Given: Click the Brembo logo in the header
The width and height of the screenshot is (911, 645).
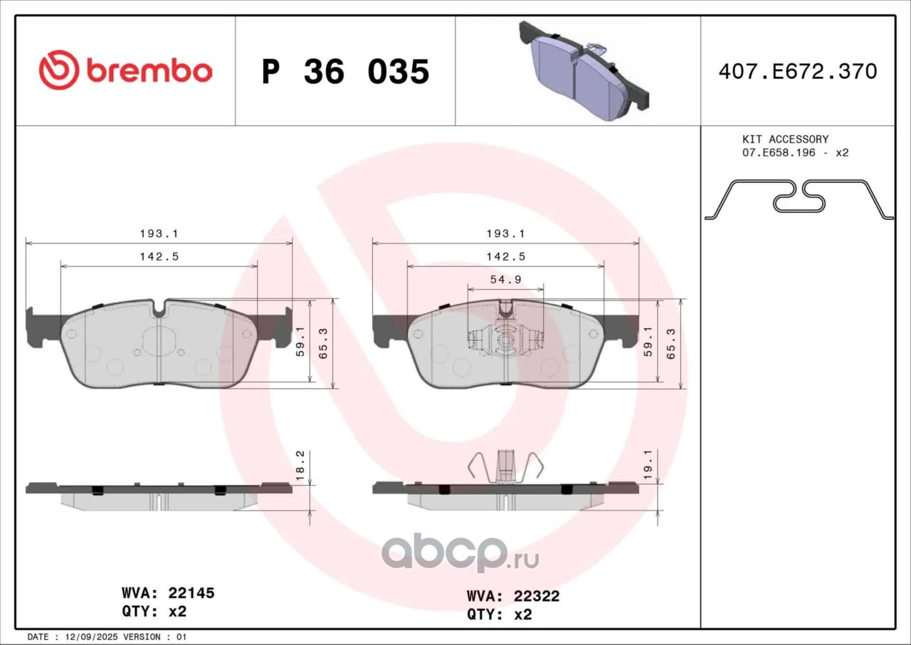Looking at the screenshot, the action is pyautogui.click(x=125, y=70).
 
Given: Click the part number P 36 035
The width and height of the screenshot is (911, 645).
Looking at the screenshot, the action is pyautogui.click(x=346, y=72).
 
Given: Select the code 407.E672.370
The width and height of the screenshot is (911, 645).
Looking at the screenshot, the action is pyautogui.click(x=798, y=72).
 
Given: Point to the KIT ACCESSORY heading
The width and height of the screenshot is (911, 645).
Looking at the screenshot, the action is pyautogui.click(x=785, y=140).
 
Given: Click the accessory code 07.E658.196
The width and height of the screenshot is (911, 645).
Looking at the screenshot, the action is pyautogui.click(x=779, y=153).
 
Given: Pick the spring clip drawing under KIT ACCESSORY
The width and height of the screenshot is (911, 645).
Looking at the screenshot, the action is pyautogui.click(x=799, y=199).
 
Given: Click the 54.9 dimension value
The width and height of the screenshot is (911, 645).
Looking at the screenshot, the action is pyautogui.click(x=506, y=279).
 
